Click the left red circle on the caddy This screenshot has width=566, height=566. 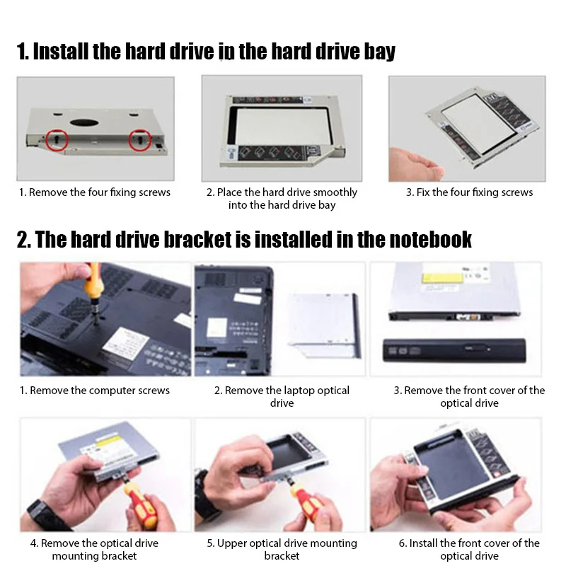click(57, 140)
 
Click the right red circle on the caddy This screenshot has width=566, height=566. click(140, 140)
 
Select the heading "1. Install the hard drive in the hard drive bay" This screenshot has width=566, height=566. click(206, 52)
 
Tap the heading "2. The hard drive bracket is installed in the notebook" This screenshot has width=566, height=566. click(244, 239)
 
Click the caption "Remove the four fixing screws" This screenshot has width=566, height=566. click(94, 192)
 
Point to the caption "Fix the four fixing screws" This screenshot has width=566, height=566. click(469, 192)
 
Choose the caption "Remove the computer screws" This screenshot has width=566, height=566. click(94, 391)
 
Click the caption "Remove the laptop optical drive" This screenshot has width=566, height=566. click(282, 396)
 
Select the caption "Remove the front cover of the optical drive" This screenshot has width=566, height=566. click(469, 396)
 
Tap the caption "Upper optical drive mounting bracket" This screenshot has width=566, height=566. click(282, 550)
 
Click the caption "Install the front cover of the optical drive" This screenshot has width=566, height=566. click(469, 550)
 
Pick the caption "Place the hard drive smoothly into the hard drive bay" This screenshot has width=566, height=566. click(282, 199)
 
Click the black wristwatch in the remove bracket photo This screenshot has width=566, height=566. click(48, 514)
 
